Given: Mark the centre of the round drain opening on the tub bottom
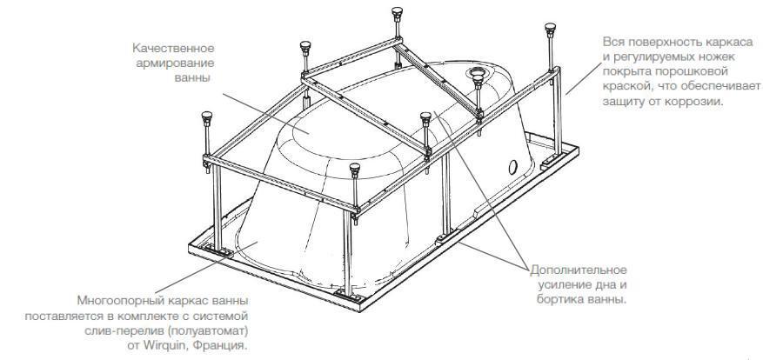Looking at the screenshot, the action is (x=475, y=73).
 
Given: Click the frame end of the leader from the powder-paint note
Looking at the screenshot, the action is (x=566, y=95).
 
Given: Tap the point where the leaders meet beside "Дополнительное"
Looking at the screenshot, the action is (x=530, y=270).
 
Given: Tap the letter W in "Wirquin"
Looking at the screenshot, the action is (x=149, y=346).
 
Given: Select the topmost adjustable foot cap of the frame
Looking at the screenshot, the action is (x=397, y=12).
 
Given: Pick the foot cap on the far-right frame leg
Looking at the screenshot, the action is (x=551, y=28).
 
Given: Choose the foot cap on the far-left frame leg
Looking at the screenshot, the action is (x=207, y=117).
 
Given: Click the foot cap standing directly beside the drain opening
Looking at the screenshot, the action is (x=478, y=80).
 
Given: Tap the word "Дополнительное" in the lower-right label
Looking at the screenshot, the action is (x=578, y=270).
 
